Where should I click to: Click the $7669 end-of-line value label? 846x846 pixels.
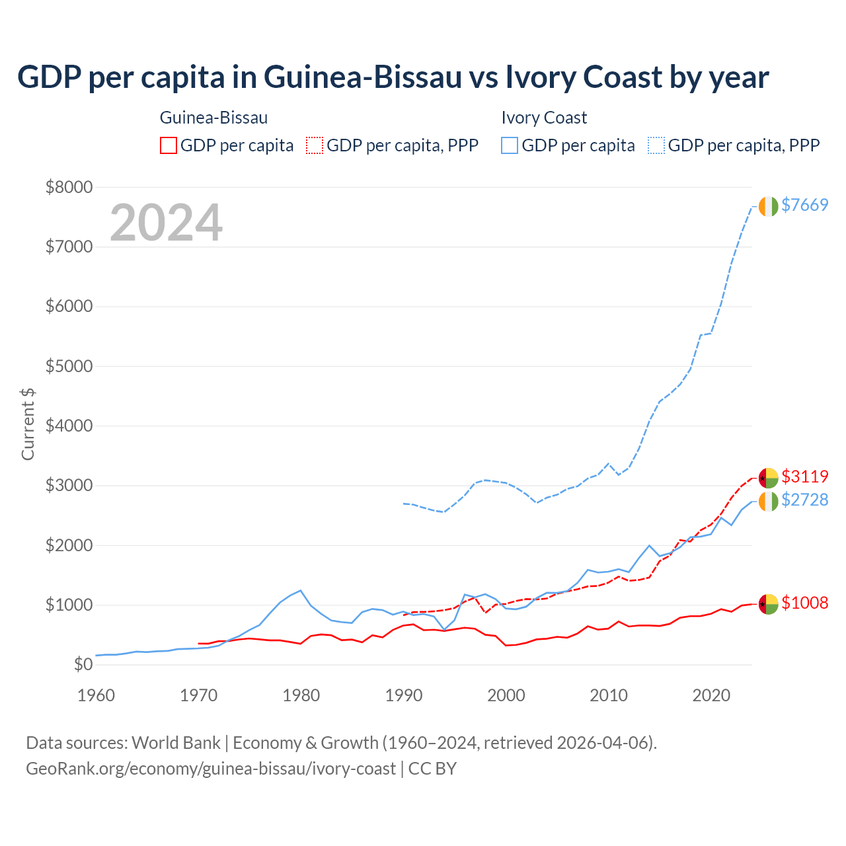(x=804, y=205)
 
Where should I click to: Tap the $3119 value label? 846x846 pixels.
(x=804, y=477)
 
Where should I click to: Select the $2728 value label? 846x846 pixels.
(x=804, y=500)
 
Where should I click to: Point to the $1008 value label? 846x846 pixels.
(x=804, y=603)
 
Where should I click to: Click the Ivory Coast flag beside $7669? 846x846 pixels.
(x=768, y=206)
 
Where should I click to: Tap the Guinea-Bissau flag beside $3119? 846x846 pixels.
(x=768, y=477)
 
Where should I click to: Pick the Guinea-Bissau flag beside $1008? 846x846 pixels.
(x=768, y=603)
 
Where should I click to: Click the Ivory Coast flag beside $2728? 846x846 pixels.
(x=768, y=501)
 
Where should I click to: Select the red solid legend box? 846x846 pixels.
(x=169, y=145)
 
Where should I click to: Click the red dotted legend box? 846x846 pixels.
(x=315, y=145)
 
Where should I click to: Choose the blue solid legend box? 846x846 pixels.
(x=510, y=145)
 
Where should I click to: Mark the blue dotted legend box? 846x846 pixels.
(x=656, y=145)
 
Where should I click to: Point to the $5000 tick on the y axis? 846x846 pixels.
(x=69, y=366)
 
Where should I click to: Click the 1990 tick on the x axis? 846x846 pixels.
(x=404, y=695)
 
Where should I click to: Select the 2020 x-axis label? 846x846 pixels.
(x=711, y=695)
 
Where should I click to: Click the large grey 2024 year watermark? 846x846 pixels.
(x=166, y=223)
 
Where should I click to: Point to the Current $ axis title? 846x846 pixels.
(x=28, y=424)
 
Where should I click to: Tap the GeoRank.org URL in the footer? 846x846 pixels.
(x=211, y=769)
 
